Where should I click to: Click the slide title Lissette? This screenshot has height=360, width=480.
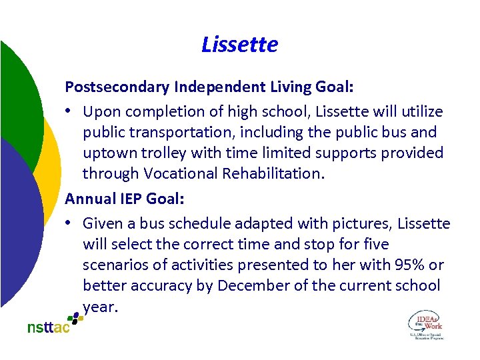pyautogui.click(x=239, y=45)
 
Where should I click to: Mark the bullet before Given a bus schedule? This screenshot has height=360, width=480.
pyautogui.click(x=70, y=224)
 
